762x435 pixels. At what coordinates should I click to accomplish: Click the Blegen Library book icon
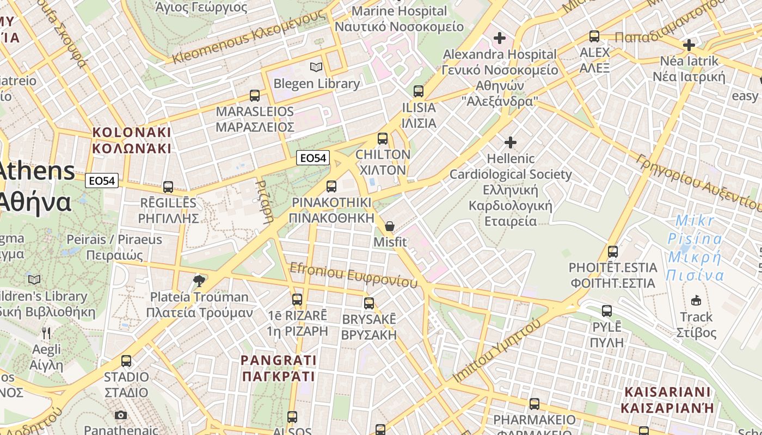pos(316,67)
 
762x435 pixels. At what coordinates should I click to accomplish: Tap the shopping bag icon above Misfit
pos(390,226)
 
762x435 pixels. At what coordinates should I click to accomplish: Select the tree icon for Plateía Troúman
pos(199,281)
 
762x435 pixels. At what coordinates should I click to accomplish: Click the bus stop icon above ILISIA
pos(418,91)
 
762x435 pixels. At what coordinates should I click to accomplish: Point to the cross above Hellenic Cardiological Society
pos(510,142)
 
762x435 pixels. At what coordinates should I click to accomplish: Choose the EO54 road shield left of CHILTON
pos(314,158)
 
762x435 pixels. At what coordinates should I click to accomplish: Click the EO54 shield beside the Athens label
pos(102,181)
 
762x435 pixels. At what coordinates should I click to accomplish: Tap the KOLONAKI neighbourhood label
pos(132,140)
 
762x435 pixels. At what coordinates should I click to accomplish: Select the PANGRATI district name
pos(279,368)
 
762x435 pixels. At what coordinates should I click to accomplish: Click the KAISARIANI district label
pos(667,400)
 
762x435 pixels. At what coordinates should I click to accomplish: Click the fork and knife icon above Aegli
pos(46,333)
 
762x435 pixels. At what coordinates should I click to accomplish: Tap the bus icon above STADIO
pos(126,361)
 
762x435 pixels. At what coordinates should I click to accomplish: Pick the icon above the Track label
pos(696,300)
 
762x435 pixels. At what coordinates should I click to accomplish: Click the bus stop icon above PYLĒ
pos(607,311)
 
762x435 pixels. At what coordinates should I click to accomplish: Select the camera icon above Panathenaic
pos(121,415)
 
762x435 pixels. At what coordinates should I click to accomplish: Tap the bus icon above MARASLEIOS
pos(255,96)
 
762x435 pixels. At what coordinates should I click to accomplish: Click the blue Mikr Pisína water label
pos(695,248)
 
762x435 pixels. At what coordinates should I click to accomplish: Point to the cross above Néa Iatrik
pos(689,45)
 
